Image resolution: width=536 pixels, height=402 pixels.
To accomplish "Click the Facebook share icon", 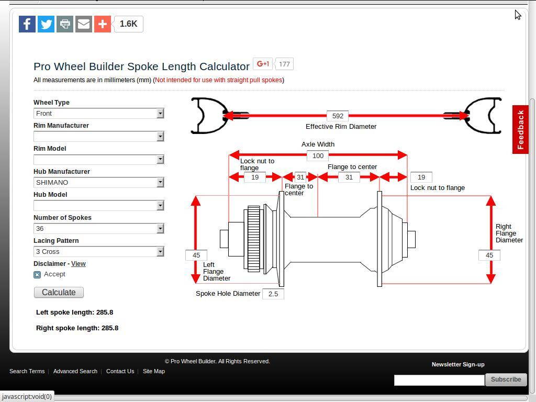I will point(27,24).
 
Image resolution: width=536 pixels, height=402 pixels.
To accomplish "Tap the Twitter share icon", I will point(46,24).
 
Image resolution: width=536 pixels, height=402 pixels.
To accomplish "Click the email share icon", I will point(84,24).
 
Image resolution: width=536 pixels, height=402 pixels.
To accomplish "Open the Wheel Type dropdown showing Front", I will point(99,114).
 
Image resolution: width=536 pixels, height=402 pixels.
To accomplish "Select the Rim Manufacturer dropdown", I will point(99,137).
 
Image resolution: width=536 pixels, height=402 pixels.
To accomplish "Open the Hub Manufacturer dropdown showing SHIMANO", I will point(99,183).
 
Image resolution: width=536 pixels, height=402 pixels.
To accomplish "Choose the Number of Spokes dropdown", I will point(99,229).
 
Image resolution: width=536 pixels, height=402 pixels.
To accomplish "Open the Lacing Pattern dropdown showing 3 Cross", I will point(99,252).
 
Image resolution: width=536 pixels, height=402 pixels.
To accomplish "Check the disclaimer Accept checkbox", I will point(37,274).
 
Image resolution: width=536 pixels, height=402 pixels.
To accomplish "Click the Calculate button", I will point(59,292).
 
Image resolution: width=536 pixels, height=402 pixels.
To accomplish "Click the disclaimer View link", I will point(78,264).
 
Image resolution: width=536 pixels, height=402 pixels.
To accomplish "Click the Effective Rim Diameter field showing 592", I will point(338,116).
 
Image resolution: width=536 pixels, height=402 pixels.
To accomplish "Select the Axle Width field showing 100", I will point(318,155).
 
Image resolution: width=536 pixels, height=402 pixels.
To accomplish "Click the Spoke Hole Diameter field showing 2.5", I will point(273,294).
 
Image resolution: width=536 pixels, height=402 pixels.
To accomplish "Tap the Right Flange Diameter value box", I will point(489,255).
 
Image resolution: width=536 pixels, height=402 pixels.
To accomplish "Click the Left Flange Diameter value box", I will point(196,255).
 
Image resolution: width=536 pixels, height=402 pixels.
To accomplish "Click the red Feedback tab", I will point(520,130).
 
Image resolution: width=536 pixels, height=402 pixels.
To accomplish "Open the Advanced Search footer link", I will point(75,371).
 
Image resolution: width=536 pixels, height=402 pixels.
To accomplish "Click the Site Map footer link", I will point(154,371).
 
